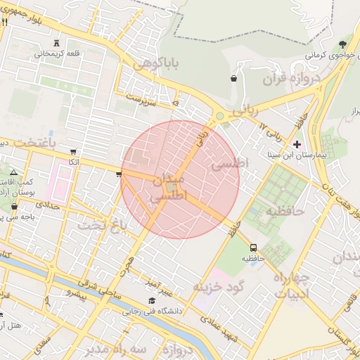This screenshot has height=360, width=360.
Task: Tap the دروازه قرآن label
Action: (290, 78)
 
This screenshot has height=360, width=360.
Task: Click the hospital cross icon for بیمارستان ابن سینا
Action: (297, 143)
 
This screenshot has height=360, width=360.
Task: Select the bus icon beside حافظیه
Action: (253, 247)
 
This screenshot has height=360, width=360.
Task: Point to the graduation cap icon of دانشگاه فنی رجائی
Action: (152, 300)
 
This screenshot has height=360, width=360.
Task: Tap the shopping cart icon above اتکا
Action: (73, 152)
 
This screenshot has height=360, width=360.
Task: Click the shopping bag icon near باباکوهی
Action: (233, 79)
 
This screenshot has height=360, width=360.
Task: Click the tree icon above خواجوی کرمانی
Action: (342, 44)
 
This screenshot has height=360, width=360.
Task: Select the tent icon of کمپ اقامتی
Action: (13, 172)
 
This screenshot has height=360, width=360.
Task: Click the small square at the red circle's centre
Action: (172, 186)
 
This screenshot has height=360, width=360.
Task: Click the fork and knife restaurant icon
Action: (5, 22)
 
